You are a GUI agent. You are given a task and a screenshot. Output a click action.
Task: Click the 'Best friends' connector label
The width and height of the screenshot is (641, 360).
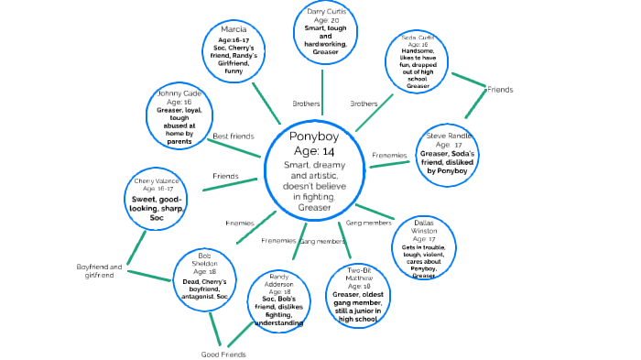pos(234,136)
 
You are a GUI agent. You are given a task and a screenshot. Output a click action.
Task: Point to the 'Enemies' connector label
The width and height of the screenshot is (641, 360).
pos(240,224)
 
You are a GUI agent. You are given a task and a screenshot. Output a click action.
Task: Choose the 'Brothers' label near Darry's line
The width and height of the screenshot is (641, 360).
pos(305,104)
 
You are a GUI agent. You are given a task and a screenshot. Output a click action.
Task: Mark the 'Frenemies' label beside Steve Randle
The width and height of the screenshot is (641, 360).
pos(389,156)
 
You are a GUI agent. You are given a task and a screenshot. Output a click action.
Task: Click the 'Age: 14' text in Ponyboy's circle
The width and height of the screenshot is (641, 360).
pos(313,151)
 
